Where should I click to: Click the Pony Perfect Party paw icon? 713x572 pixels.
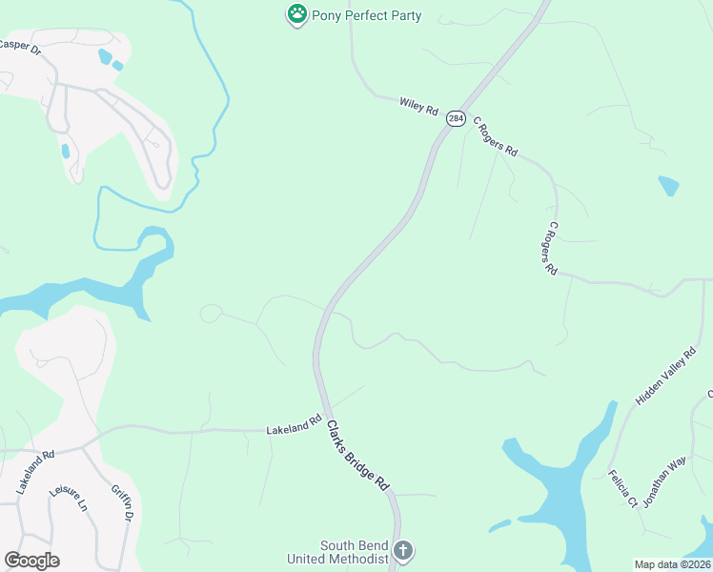[297, 14]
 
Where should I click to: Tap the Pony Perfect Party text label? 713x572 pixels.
[366, 16]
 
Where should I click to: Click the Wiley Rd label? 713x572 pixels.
[418, 107]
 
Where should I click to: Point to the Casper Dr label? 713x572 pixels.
[21, 45]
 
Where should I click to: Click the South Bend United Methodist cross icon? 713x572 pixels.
[403, 551]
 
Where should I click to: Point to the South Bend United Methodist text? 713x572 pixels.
[354, 552]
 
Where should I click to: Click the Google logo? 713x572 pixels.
[31, 561]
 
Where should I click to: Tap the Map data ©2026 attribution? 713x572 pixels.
[673, 564]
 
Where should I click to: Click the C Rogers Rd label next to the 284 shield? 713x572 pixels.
[495, 138]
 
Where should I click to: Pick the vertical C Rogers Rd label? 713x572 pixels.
[550, 250]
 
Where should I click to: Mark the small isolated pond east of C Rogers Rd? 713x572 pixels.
[668, 184]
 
